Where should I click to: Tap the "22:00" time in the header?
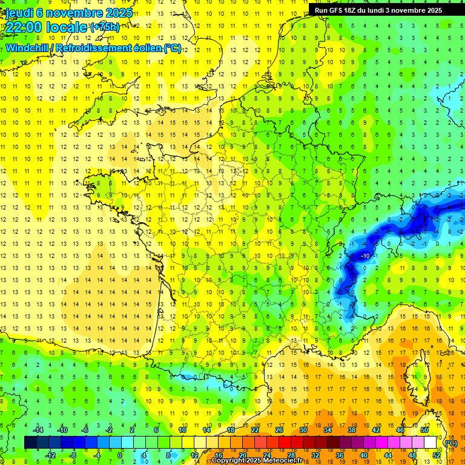[x=22, y=27]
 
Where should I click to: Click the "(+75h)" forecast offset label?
[x=104, y=27]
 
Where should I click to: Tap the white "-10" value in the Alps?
[x=366, y=256]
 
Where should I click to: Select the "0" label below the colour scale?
[x=120, y=455]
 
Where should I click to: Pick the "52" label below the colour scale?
[x=437, y=455]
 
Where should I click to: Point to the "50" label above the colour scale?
[x=424, y=430]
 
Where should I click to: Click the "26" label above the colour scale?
[x=279, y=430]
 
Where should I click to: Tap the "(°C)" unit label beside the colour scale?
[x=450, y=443]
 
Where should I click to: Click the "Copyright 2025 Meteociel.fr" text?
[x=257, y=461]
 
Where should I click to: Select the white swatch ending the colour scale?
[x=430, y=443]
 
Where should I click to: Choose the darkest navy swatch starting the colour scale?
[x=30, y=443]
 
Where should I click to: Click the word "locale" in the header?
[x=67, y=27]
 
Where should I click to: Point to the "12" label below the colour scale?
[x=194, y=455]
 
